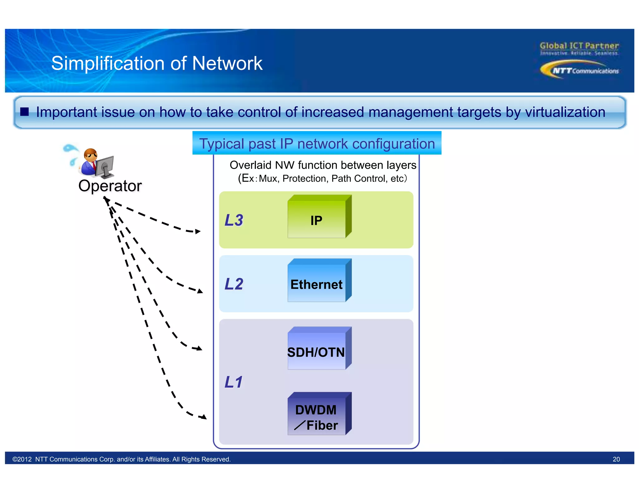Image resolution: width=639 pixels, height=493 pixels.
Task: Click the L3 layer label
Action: pos(234,220)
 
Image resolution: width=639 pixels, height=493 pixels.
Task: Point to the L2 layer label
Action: pos(234,284)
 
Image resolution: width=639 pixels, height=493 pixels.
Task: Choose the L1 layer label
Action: pos(233,382)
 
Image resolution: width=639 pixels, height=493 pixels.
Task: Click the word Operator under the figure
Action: pos(110,186)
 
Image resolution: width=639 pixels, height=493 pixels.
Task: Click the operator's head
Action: pos(90,155)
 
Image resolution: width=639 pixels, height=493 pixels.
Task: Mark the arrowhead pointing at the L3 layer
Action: pos(198,232)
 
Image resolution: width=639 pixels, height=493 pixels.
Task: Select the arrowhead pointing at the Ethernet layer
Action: pos(200,291)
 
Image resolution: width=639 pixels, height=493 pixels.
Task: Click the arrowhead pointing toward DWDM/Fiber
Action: pos(204,417)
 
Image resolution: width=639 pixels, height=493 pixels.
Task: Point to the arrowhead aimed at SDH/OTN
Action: pos(199,348)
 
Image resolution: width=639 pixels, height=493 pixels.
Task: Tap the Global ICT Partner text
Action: pos(579,46)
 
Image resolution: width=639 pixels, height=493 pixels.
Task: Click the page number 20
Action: pos(616,459)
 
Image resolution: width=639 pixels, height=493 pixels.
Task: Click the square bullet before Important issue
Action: pos(24,112)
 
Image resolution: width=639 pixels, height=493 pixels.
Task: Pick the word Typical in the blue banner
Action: pos(222,144)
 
